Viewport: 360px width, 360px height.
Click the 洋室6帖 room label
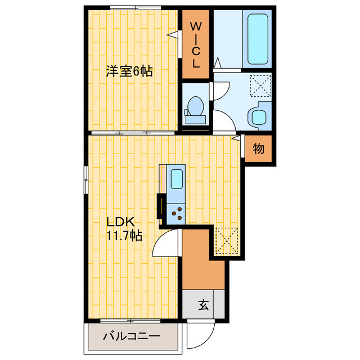pyautogui.click(x=130, y=71)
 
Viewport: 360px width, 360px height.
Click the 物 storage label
pyautogui.click(x=258, y=149)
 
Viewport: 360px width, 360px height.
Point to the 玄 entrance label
pyautogui.click(x=203, y=306)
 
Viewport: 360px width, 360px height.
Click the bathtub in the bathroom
pyautogui.click(x=258, y=39)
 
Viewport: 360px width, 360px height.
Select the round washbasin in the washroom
pyautogui.click(x=259, y=116)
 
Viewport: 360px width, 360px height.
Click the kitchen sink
pyautogui.click(x=176, y=179)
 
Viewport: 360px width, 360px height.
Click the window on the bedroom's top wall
pyautogui.click(x=133, y=7)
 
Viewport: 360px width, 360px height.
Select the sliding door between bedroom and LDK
pyautogui.click(x=132, y=133)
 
